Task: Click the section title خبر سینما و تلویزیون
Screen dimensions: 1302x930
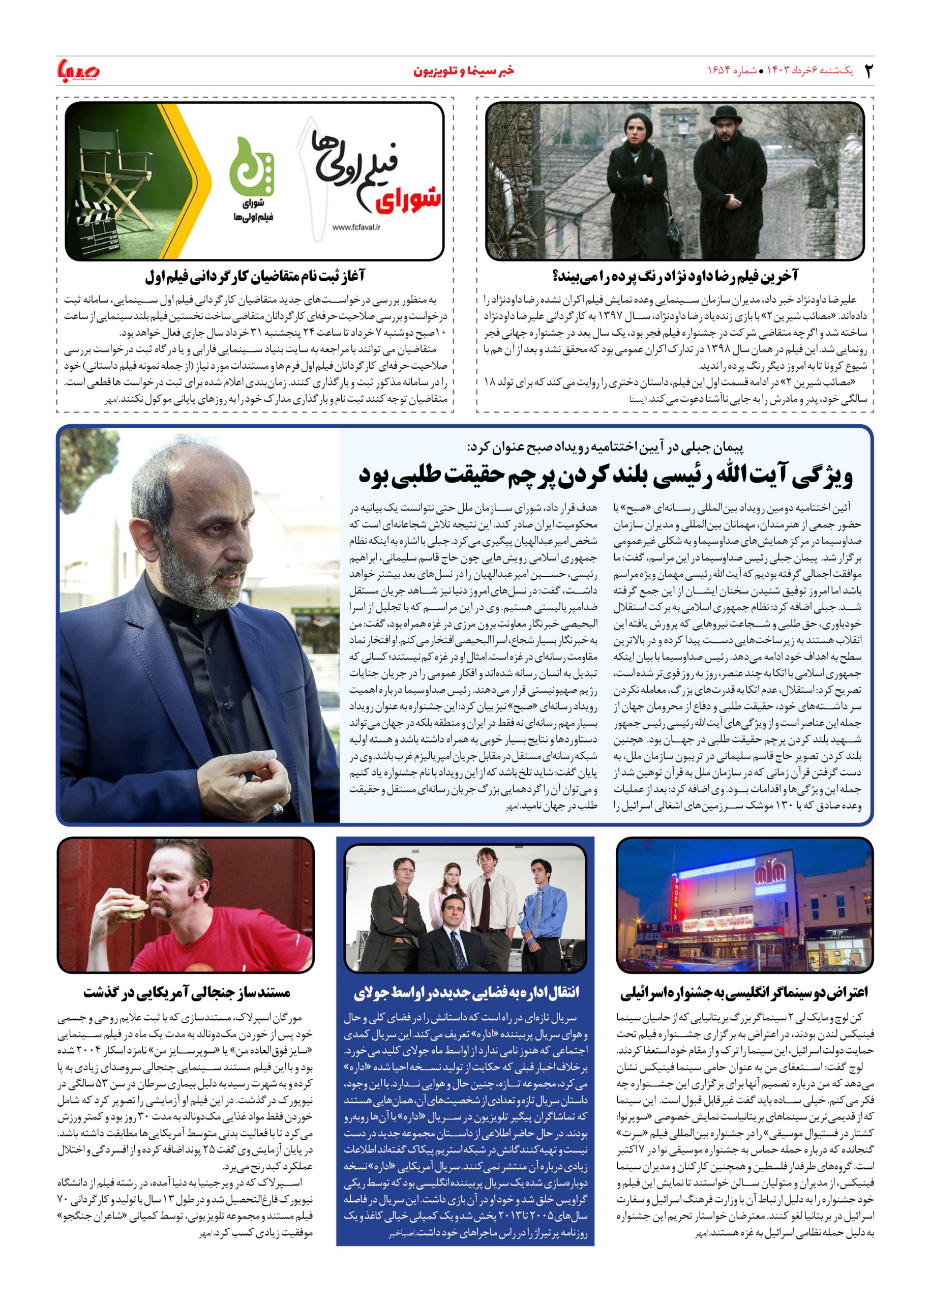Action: click(463, 71)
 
